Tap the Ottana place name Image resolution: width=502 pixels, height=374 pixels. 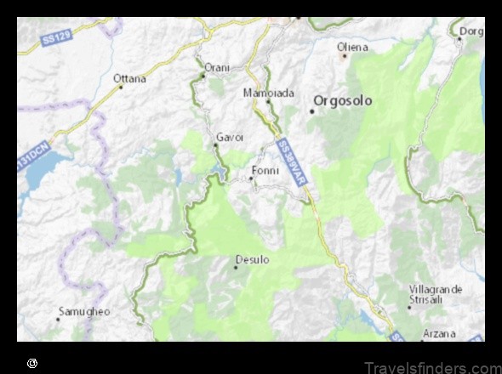pyautogui.click(x=129, y=78)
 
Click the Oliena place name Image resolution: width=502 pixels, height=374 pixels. pyautogui.click(x=352, y=46)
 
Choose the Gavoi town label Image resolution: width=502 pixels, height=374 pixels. pyautogui.click(x=230, y=136)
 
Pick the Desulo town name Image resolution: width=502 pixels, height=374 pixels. pyautogui.click(x=252, y=259)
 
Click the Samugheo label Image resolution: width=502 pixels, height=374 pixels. pyautogui.click(x=83, y=311)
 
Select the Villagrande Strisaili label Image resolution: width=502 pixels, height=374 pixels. pyautogui.click(x=435, y=294)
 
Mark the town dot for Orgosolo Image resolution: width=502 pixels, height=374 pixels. pyautogui.click(x=312, y=110)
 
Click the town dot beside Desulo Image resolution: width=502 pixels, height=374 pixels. pyautogui.click(x=236, y=268)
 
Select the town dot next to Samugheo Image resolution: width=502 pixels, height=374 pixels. pyautogui.click(x=58, y=320)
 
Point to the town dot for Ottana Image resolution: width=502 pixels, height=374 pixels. pyautogui.click(x=121, y=87)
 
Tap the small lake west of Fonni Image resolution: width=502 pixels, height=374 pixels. pyautogui.click(x=220, y=173)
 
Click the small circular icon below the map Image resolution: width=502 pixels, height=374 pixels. pyautogui.click(x=31, y=363)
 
